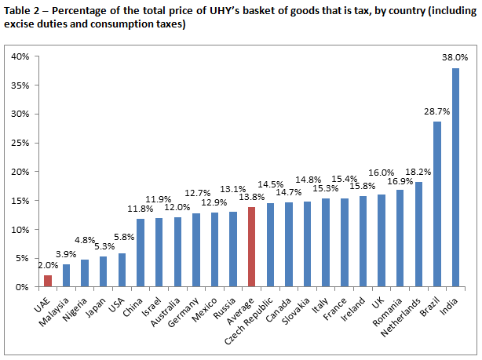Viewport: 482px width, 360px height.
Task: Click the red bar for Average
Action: (251, 247)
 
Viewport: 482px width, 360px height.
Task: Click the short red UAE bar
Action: (48, 281)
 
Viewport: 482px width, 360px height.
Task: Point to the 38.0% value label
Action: (455, 57)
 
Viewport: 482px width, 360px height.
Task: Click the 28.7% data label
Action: (437, 111)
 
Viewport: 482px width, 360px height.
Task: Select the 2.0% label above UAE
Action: (48, 265)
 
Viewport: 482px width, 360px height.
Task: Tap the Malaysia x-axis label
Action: (55, 310)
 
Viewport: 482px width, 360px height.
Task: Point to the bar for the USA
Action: (122, 270)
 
